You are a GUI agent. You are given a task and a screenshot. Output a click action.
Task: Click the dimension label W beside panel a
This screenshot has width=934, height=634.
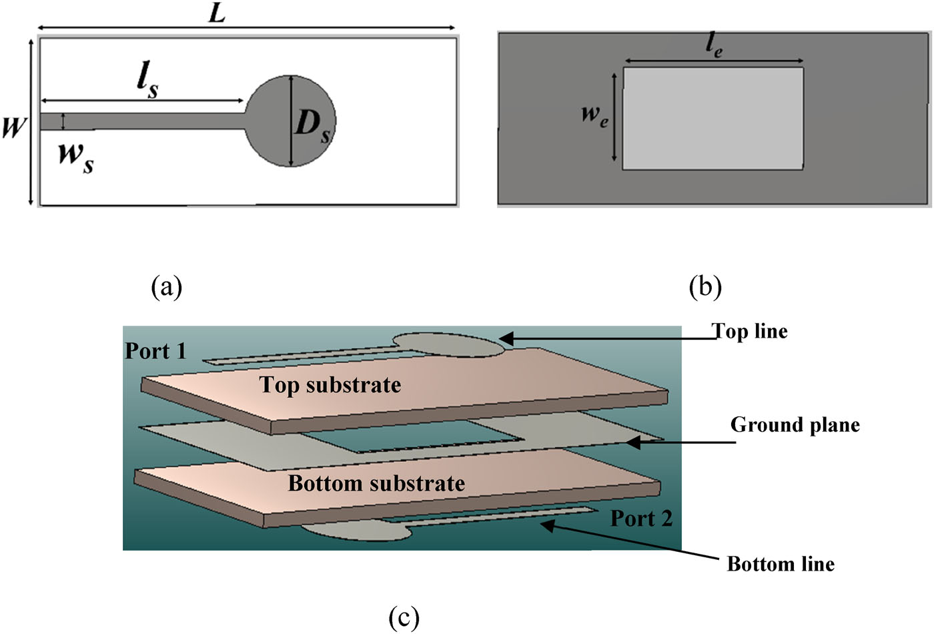pos(13,126)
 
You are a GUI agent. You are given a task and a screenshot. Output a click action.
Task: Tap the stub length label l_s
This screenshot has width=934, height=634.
pos(147,81)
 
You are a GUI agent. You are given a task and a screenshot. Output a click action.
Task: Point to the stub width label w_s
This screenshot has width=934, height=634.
pos(75,157)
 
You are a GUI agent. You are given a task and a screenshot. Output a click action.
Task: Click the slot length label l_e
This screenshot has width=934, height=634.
pos(713,46)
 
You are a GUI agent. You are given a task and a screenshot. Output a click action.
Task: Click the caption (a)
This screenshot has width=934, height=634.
pos(166,286)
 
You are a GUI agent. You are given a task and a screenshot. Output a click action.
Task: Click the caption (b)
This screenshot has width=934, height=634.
pos(705,286)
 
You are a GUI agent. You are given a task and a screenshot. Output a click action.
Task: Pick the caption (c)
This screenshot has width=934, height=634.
pos(404,617)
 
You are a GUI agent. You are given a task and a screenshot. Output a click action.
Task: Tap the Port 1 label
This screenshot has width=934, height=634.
pos(155,351)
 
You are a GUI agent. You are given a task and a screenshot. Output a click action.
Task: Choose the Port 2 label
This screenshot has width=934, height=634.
pos(641,519)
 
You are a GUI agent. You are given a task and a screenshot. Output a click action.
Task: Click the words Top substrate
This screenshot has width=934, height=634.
pos(330,384)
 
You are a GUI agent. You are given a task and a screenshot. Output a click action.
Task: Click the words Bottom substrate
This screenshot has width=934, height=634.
pos(376,483)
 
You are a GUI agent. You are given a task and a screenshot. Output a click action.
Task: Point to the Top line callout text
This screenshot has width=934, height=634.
pos(750,332)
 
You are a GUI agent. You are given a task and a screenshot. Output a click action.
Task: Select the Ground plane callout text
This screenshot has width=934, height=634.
pos(795,425)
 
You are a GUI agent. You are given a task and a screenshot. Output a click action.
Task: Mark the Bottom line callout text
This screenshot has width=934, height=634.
pos(781,565)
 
